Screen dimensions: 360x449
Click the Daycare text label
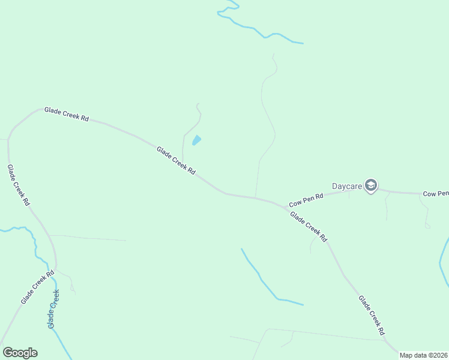(347, 186)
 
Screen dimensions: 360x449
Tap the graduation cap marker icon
(371, 185)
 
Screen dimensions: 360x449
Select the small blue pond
(196, 141)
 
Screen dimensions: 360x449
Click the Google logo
(20, 353)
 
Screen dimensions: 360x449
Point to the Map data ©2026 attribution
(423, 355)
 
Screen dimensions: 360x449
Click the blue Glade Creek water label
(54, 308)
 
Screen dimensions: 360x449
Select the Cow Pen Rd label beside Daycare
(306, 200)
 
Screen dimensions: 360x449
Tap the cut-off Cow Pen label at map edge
(436, 193)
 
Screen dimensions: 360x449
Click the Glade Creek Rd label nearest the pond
(176, 160)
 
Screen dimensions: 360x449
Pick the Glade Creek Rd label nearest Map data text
(372, 314)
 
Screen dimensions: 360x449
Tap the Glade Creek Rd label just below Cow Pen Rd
(309, 226)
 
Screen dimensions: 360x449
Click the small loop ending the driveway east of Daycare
(427, 226)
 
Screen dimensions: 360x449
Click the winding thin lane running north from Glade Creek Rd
(264, 120)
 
